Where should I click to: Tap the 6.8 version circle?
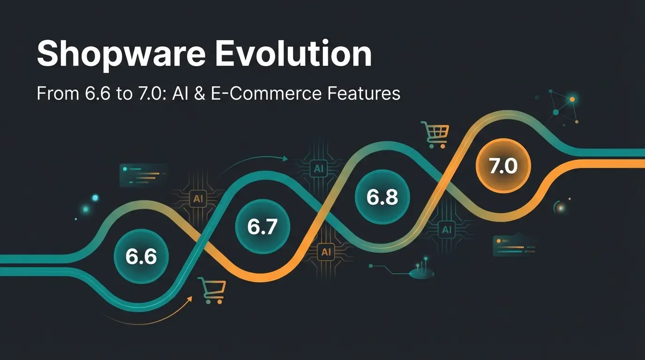point(382,197)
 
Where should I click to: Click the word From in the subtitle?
point(53,94)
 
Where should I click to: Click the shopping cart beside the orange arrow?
point(212,290)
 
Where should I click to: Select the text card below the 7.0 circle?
point(514,246)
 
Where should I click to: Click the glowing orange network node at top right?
point(571,99)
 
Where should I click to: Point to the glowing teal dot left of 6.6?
point(95,198)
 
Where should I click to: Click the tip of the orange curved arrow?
point(191,297)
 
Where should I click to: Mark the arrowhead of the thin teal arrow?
point(285,158)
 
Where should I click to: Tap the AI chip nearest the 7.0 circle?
point(446,229)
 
